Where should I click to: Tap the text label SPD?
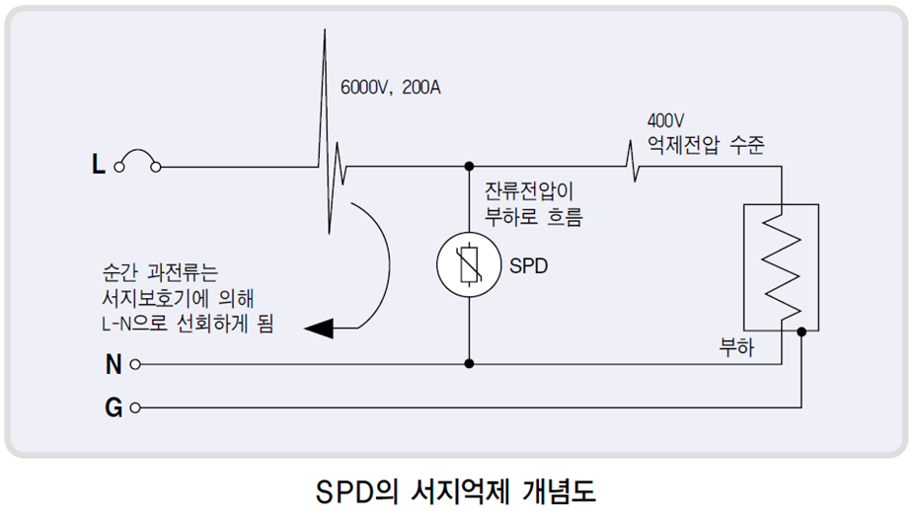(x=529, y=267)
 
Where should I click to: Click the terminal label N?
(x=114, y=364)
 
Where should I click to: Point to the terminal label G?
(x=114, y=406)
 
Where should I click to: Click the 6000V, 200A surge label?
(x=390, y=88)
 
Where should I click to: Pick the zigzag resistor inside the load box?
(x=785, y=264)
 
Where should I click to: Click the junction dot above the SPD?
(x=469, y=167)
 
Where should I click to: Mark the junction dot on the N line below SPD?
(x=469, y=364)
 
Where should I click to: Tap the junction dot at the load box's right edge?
(x=801, y=332)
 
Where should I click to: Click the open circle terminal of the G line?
(x=134, y=406)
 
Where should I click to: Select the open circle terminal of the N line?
(x=134, y=364)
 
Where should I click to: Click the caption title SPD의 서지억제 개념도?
(x=456, y=490)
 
